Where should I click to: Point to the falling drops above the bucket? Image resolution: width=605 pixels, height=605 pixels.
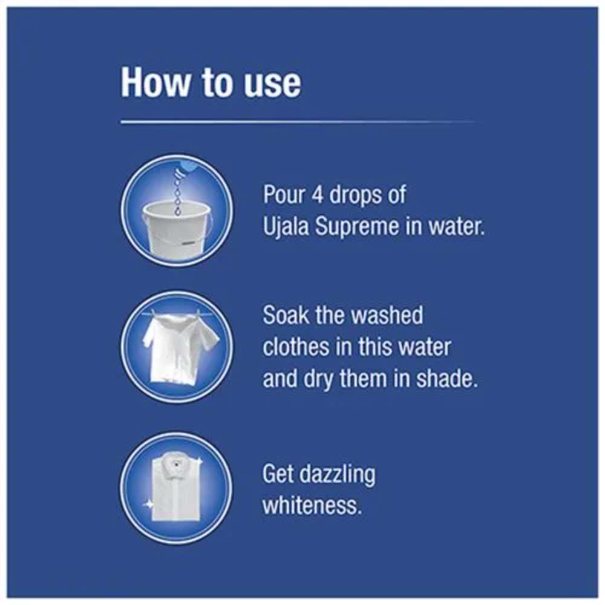coord(177,192)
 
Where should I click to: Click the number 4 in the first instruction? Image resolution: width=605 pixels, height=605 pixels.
coord(317,194)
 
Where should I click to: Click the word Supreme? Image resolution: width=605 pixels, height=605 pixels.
coord(357,227)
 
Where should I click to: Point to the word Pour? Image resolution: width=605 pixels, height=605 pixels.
coord(284,194)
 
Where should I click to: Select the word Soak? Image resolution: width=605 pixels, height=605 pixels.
coord(286,315)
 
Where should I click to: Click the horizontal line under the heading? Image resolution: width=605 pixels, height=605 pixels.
coord(297,122)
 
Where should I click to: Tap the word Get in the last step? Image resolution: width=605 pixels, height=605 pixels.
coord(278,474)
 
